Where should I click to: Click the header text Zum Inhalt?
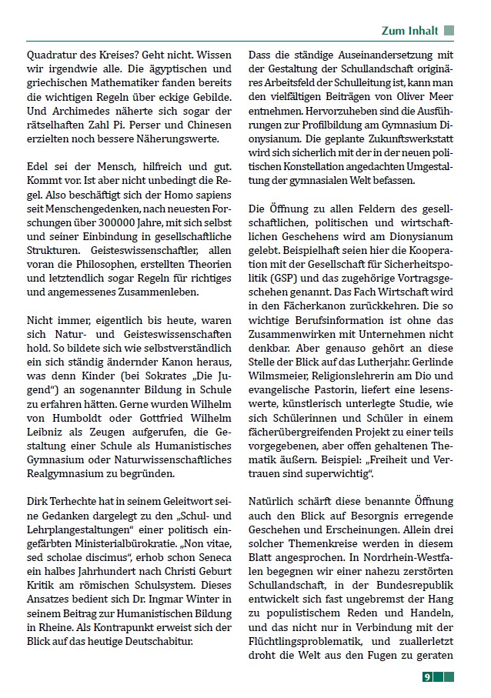tap(410, 31)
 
